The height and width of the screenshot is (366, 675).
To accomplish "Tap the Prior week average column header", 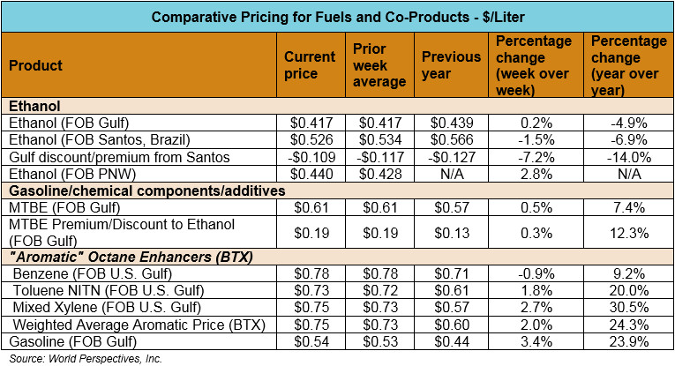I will click(379, 65).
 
